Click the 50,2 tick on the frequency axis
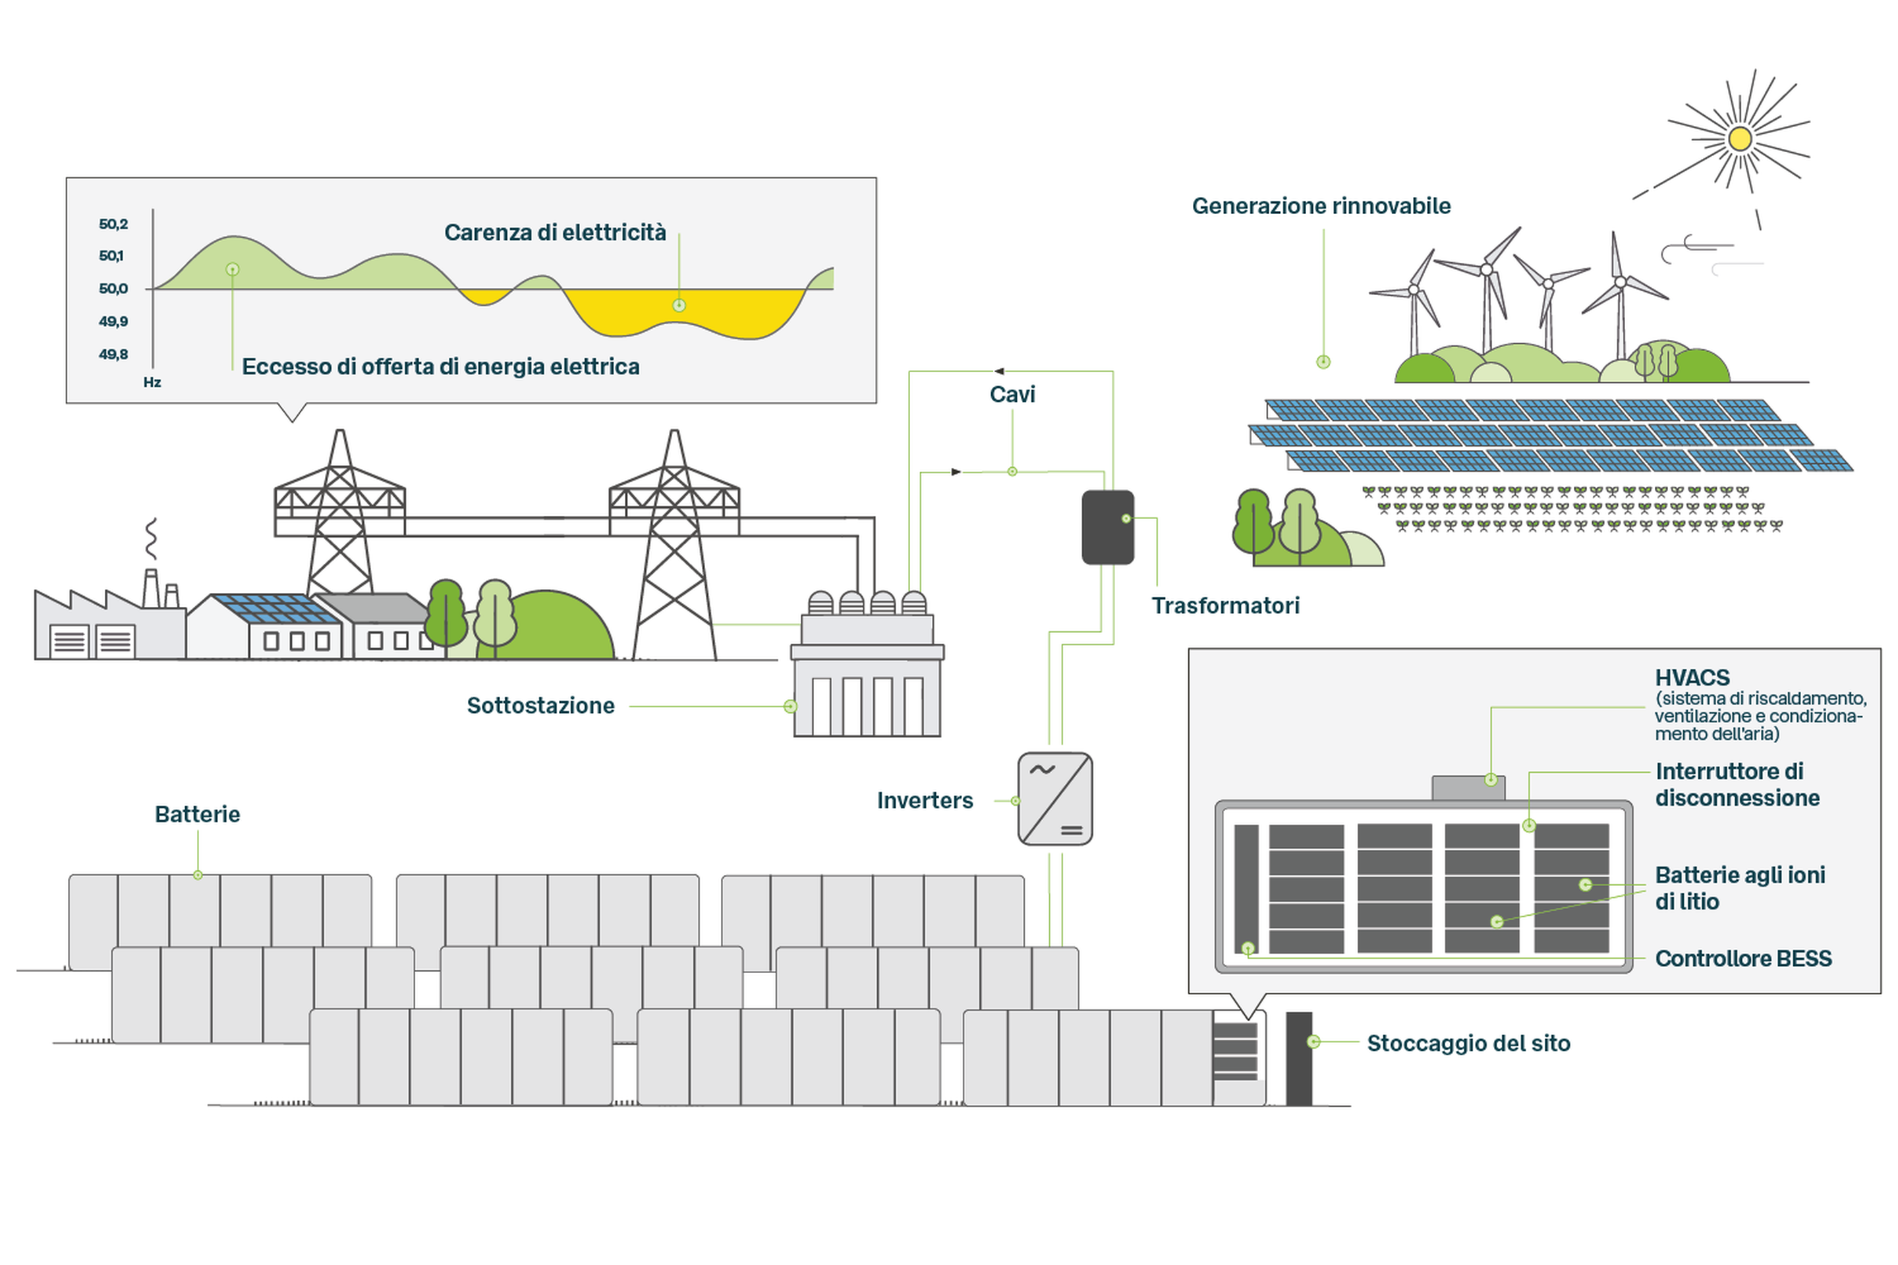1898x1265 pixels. [113, 223]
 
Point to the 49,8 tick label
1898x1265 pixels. [113, 354]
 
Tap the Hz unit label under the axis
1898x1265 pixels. [152, 382]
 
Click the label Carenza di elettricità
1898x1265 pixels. [555, 233]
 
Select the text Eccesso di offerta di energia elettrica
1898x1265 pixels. [441, 366]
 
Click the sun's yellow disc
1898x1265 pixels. [1740, 139]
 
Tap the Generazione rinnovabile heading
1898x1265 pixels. [1321, 206]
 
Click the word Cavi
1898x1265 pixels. [1012, 394]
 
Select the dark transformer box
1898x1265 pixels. [1107, 527]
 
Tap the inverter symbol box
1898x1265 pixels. [1054, 799]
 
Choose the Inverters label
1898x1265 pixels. [925, 801]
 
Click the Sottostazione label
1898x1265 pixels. [540, 705]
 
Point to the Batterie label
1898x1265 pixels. [197, 814]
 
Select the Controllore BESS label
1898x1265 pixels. [1743, 959]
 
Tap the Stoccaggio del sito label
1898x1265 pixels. [1468, 1043]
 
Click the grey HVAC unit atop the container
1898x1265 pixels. [1467, 787]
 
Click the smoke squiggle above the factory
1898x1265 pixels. [151, 539]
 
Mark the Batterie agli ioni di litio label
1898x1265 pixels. [1739, 887]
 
